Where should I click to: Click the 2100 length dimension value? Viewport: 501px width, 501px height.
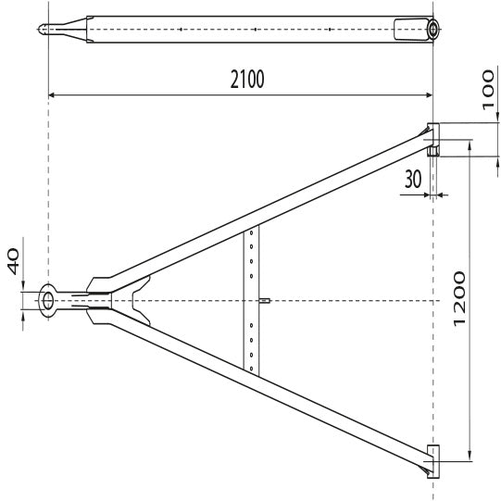point(247,80)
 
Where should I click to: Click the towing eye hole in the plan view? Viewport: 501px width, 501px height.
point(47,301)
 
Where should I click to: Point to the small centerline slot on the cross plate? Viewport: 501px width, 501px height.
point(265,300)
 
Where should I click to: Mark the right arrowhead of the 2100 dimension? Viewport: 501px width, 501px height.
point(429,94)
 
